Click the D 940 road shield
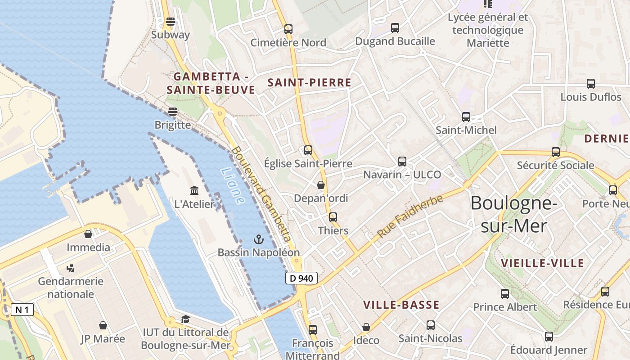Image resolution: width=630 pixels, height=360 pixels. tap(301, 278)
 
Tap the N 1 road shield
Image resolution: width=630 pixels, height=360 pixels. tap(22, 310)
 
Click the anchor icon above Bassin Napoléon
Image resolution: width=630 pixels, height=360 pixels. tap(258, 239)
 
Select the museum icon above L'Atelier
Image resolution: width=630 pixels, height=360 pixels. tap(194, 190)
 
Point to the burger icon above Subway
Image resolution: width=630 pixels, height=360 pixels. tap(170, 21)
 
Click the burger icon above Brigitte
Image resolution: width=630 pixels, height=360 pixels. tap(173, 111)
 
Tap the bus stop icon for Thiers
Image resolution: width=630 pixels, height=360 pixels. tap(333, 217)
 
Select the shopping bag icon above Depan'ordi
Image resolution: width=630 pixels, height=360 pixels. tap(321, 185)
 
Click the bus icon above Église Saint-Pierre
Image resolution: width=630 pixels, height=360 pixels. tap(308, 150)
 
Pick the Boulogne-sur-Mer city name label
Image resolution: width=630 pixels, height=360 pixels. tap(513, 215)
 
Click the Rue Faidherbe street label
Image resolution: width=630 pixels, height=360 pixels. tap(410, 217)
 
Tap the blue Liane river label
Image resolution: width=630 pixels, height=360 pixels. tap(233, 186)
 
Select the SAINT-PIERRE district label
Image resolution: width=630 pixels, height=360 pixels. tap(309, 82)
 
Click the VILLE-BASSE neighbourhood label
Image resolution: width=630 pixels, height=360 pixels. tap(401, 305)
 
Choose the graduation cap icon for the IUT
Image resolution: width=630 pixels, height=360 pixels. tap(185, 319)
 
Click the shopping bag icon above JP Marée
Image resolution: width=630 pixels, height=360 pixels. tap(103, 325)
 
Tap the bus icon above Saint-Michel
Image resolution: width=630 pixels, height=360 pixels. tap(466, 117)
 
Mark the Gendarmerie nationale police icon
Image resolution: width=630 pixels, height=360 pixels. tap(70, 268)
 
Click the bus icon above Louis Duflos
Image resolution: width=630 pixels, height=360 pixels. tap(591, 84)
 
